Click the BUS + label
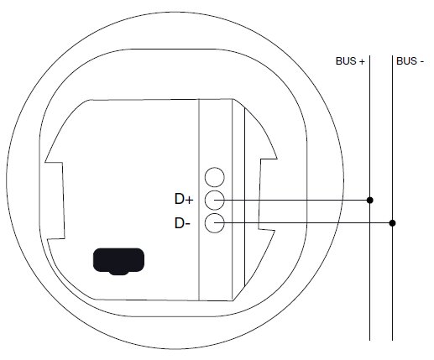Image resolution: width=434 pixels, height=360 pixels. [x=350, y=61]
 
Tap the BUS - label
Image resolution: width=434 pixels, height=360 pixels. [x=410, y=61]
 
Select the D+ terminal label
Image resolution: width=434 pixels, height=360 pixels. [x=184, y=199]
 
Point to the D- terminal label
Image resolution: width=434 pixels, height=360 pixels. [x=182, y=223]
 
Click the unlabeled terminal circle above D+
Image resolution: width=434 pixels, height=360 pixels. [x=215, y=177]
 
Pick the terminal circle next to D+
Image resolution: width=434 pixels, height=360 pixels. [x=215, y=200]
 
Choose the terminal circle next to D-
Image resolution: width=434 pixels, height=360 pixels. [x=215, y=223]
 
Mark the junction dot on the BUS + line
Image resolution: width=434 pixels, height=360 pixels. [x=370, y=200]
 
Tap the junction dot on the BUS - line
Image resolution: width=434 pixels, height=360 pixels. [x=392, y=223]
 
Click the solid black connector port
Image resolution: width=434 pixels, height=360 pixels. [x=118, y=261]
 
